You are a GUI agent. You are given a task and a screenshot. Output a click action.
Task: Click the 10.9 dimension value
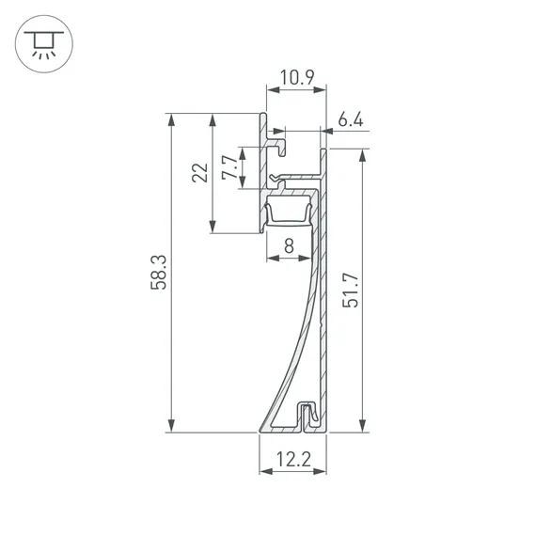297,78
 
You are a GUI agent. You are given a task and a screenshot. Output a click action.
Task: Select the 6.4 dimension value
351,119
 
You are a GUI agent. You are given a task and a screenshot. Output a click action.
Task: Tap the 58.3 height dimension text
159,273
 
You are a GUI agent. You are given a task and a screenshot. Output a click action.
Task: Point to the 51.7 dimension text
351,291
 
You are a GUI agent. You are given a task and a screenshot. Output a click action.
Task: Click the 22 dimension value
200,172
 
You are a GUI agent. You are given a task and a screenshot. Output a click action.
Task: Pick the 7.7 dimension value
229,167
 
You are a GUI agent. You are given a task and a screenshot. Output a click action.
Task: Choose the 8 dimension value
289,245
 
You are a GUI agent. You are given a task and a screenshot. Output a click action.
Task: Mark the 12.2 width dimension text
293,459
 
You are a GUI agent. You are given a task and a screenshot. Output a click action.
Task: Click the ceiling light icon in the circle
44,44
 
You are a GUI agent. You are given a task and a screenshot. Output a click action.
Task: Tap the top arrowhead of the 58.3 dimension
171,119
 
